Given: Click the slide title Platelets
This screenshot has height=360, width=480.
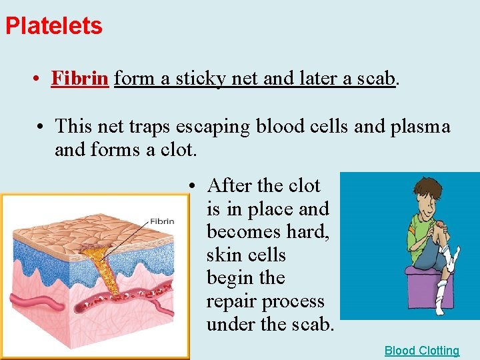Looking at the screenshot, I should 53,26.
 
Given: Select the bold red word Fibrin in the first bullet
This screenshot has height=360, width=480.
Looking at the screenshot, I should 79,79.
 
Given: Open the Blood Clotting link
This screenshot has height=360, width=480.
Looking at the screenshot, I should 421,351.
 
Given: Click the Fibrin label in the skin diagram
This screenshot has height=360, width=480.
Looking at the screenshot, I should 162,221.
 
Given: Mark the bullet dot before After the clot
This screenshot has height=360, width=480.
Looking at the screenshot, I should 191,186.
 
